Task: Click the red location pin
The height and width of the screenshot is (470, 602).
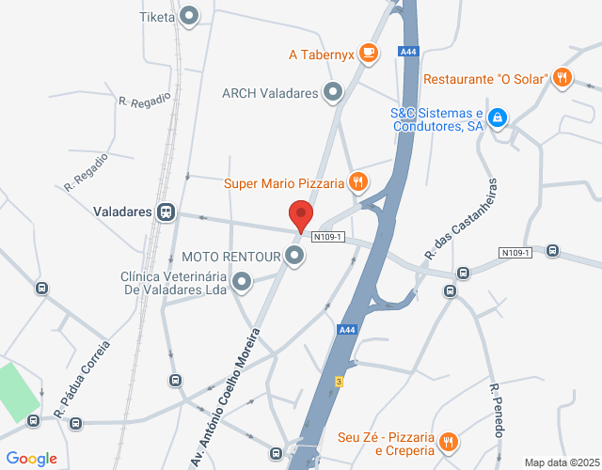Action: (x=300, y=215)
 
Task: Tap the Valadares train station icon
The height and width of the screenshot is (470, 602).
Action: (x=166, y=211)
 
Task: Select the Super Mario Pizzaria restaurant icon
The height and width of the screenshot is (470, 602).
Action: (x=356, y=182)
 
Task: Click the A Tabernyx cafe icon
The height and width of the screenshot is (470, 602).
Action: (x=368, y=54)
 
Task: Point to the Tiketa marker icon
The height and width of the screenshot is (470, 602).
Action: (x=190, y=16)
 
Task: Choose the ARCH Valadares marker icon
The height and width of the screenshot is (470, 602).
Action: (x=333, y=92)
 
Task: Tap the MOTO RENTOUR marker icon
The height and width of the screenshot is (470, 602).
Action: (x=295, y=256)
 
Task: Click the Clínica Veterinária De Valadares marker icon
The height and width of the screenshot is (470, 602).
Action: (x=242, y=281)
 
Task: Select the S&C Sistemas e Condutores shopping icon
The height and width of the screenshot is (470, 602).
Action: (x=499, y=118)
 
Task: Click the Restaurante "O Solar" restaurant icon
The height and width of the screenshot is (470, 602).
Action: (x=562, y=78)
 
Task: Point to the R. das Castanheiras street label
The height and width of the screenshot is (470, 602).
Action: (x=459, y=219)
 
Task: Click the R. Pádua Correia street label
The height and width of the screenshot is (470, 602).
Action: (x=82, y=380)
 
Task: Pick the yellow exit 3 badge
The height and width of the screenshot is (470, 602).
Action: (x=338, y=381)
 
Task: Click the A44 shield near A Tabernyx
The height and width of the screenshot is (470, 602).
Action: (x=407, y=52)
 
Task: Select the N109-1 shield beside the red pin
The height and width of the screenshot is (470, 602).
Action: (x=330, y=235)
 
